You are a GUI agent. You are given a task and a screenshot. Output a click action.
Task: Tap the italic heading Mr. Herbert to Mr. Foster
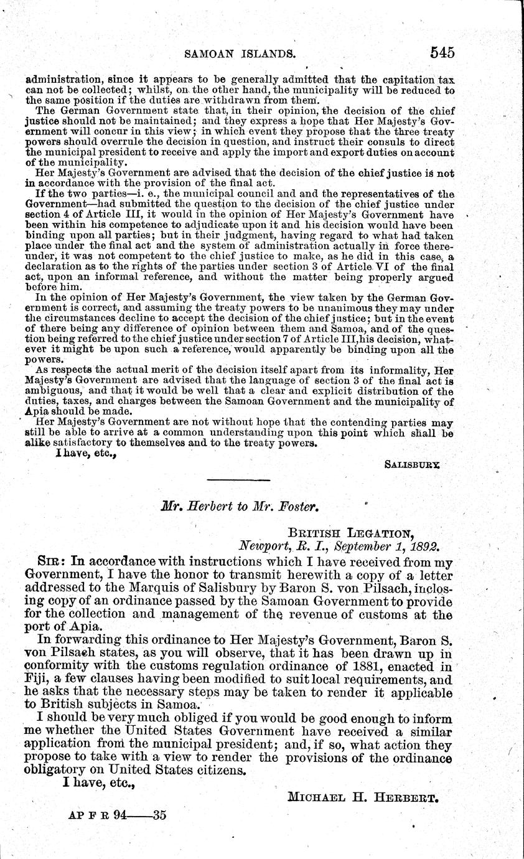(240, 507)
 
